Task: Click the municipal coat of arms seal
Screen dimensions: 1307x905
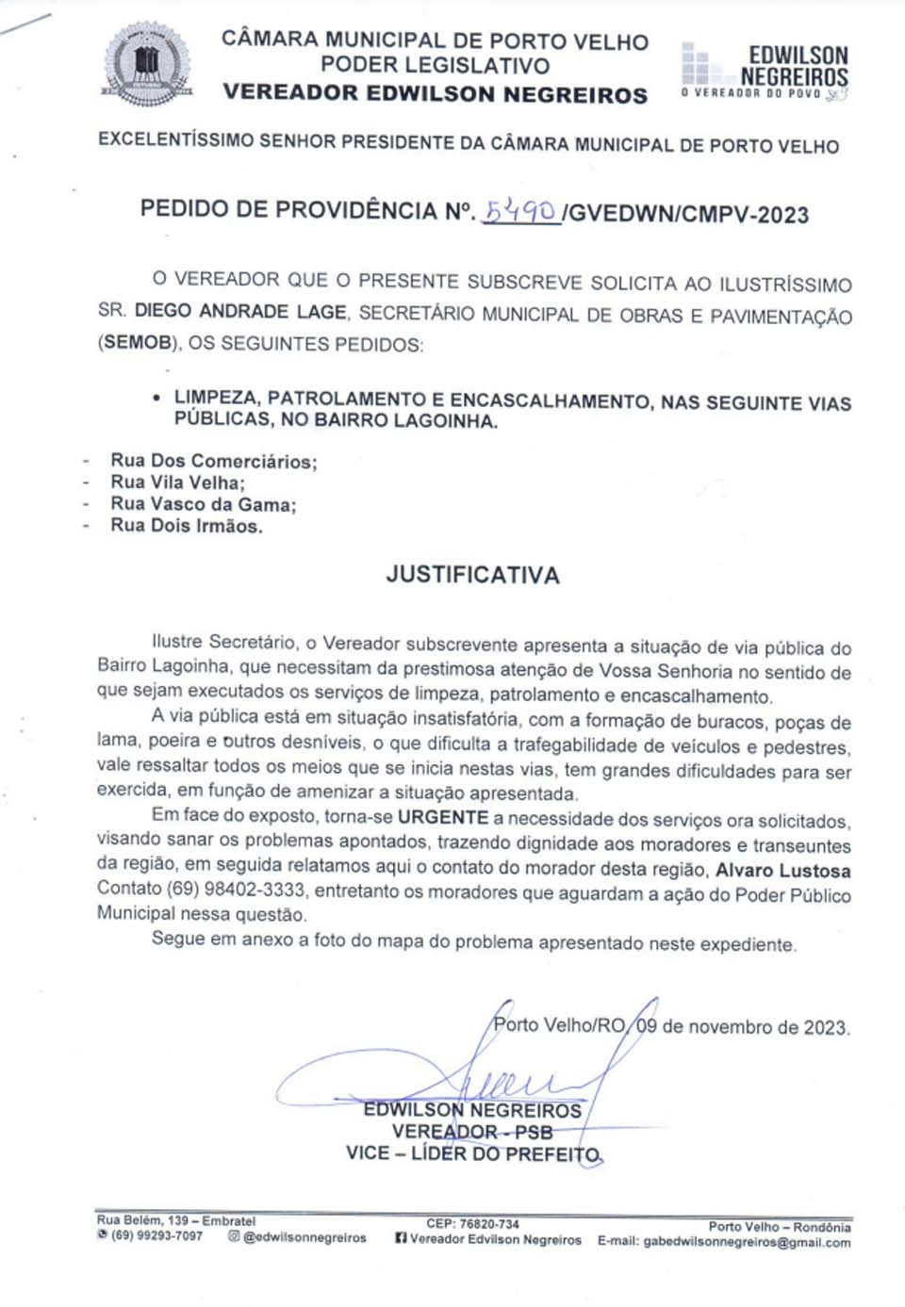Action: (145, 64)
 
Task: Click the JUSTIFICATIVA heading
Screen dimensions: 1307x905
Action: (472, 575)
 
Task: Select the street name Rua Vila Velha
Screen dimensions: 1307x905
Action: (177, 482)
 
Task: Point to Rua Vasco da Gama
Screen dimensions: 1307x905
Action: (203, 504)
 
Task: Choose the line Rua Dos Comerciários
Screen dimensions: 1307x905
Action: (213, 461)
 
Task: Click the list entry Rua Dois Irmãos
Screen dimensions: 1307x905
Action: (186, 526)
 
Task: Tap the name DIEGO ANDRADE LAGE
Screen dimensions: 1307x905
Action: (240, 311)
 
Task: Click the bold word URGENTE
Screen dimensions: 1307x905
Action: (443, 818)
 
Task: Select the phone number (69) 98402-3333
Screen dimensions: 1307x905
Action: (236, 890)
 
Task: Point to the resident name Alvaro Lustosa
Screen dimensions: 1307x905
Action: (782, 870)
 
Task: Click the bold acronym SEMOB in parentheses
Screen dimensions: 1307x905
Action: (138, 343)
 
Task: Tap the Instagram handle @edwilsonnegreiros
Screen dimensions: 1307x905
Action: (304, 1237)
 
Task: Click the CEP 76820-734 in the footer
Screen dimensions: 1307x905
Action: (472, 1224)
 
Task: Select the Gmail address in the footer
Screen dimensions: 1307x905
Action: (747, 1242)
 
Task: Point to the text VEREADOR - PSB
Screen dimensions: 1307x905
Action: (472, 1132)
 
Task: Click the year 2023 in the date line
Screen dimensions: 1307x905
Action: (825, 1027)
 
